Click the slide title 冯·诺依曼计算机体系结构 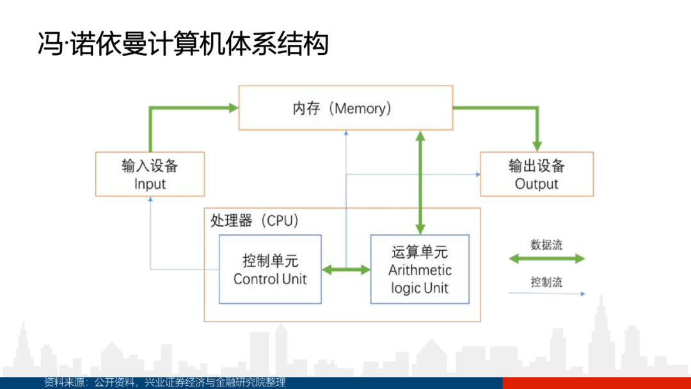pyautogui.click(x=184, y=44)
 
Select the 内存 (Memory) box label pyautogui.click(x=342, y=108)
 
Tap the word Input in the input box pyautogui.click(x=150, y=184)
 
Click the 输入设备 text pyautogui.click(x=150, y=166)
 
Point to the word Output pyautogui.click(x=536, y=184)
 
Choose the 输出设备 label pyautogui.click(x=536, y=166)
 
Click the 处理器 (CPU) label pyautogui.click(x=255, y=220)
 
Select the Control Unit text pyautogui.click(x=270, y=279)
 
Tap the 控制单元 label pyautogui.click(x=270, y=261)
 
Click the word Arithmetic pyautogui.click(x=420, y=270)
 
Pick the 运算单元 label pyautogui.click(x=420, y=252)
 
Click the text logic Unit pyautogui.click(x=420, y=288)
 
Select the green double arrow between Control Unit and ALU pyautogui.click(x=346, y=269)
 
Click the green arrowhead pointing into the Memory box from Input pyautogui.click(x=234, y=107)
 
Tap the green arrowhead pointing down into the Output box pyautogui.click(x=537, y=147)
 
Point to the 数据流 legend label pyautogui.click(x=546, y=245)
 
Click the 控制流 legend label pyautogui.click(x=546, y=282)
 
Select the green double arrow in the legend pyautogui.click(x=546, y=259)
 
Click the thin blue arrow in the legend pyautogui.click(x=546, y=294)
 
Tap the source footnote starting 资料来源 pyautogui.click(x=165, y=382)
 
